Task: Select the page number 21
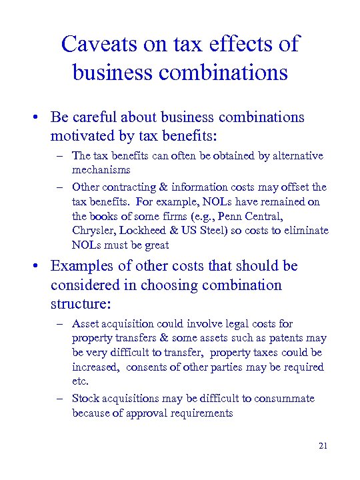tap(323, 445)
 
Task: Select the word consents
tap(149, 367)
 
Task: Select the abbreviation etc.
tap(80, 382)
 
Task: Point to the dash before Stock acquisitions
tap(60, 399)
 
